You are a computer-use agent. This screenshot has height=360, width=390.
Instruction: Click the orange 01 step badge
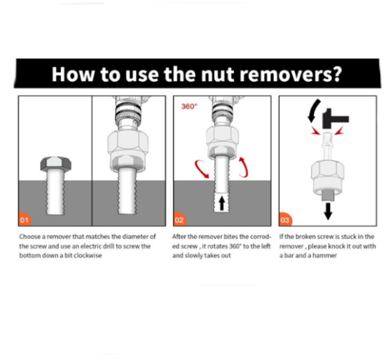(24, 220)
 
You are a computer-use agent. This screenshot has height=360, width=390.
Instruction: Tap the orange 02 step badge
(180, 220)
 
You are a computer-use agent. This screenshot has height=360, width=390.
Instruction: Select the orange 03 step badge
(285, 220)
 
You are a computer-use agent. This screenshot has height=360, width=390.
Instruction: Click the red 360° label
(189, 107)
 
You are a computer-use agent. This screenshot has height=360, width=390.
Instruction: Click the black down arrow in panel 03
(328, 211)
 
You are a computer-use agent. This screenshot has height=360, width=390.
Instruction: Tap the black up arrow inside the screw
(222, 203)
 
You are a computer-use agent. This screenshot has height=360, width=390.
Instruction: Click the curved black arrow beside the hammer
(313, 111)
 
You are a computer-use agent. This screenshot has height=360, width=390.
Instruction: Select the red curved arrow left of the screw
(202, 169)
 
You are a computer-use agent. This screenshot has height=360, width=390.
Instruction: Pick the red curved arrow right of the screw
(244, 167)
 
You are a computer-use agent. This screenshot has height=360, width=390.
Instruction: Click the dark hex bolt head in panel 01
(56, 164)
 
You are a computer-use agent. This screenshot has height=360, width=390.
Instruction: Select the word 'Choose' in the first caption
(30, 236)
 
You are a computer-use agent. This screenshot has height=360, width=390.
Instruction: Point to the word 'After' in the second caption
(179, 236)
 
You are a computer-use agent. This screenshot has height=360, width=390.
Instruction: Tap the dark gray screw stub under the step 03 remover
(328, 195)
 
